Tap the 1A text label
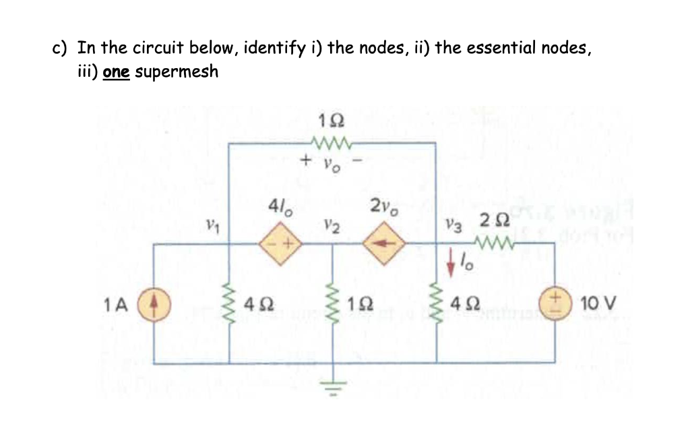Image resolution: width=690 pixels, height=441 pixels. (116, 305)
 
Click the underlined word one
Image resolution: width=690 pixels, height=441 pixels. (117, 71)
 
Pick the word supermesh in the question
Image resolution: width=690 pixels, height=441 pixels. (177, 71)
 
